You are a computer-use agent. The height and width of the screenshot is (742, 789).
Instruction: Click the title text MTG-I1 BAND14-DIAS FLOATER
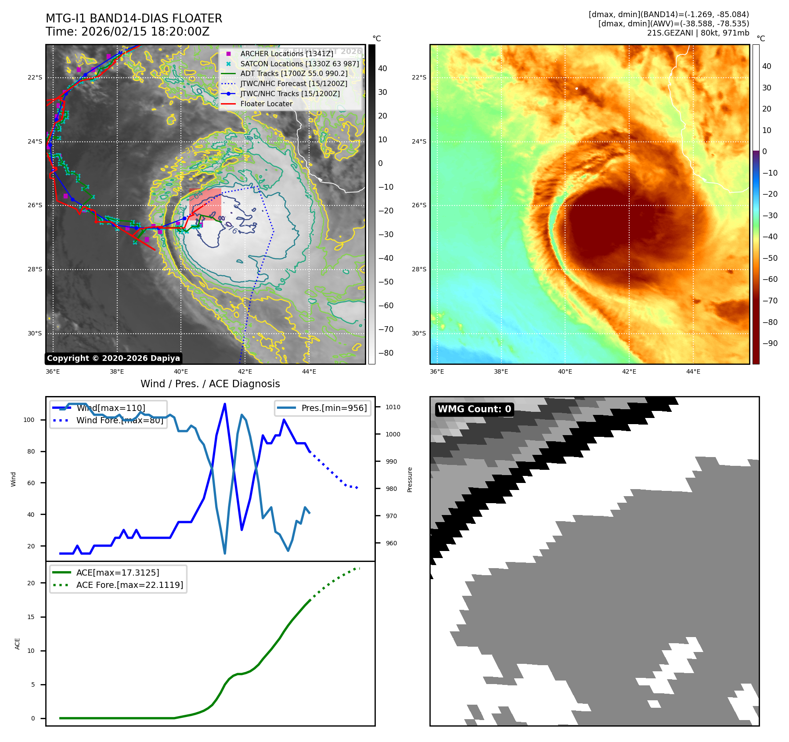[x=134, y=18]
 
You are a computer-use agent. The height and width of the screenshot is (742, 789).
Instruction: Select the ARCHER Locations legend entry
[x=286, y=54]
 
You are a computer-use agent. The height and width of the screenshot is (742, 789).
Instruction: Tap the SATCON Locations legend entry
[x=299, y=64]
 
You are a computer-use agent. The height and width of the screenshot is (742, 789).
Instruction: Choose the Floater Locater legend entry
[x=266, y=104]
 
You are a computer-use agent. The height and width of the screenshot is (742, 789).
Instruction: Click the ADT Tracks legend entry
[x=294, y=74]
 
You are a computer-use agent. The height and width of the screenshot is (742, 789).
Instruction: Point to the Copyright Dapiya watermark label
[x=113, y=358]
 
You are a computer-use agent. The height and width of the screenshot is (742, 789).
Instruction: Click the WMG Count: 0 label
[x=474, y=409]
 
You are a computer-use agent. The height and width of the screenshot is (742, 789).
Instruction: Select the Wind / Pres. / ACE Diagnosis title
[x=210, y=384]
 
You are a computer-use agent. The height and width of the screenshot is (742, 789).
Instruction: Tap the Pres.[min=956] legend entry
[x=334, y=408]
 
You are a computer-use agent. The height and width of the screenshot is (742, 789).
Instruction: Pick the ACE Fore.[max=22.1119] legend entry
[x=130, y=585]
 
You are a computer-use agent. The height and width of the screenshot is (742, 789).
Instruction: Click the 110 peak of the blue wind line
[x=225, y=404]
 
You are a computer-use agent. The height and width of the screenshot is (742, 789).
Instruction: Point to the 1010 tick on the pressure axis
[x=393, y=407]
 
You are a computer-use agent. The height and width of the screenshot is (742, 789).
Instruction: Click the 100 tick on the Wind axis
[x=29, y=420]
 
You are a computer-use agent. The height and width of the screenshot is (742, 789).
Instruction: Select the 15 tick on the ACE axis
[x=31, y=617]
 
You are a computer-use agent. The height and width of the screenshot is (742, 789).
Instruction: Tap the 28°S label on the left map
[x=35, y=269]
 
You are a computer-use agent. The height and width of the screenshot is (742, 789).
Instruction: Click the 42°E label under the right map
[x=629, y=371]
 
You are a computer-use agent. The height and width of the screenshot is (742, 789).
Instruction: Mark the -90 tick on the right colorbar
[x=770, y=343]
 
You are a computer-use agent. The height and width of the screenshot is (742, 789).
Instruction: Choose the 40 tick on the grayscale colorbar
[x=382, y=68]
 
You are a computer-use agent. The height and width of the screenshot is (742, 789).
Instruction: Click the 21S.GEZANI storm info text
[x=698, y=33]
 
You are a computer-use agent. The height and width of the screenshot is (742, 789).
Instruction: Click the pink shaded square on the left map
[x=205, y=204]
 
